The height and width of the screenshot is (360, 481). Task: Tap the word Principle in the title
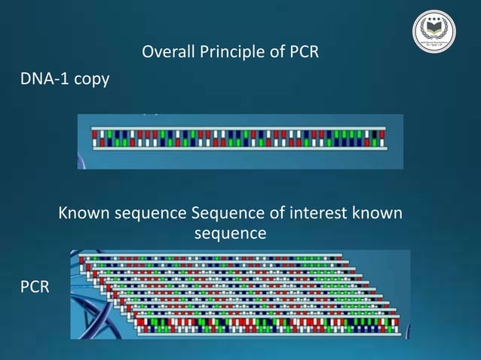click(226, 53)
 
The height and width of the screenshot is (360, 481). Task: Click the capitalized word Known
click(83, 214)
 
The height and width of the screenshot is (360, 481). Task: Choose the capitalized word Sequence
click(225, 214)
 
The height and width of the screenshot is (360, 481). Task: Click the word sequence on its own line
click(230, 233)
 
